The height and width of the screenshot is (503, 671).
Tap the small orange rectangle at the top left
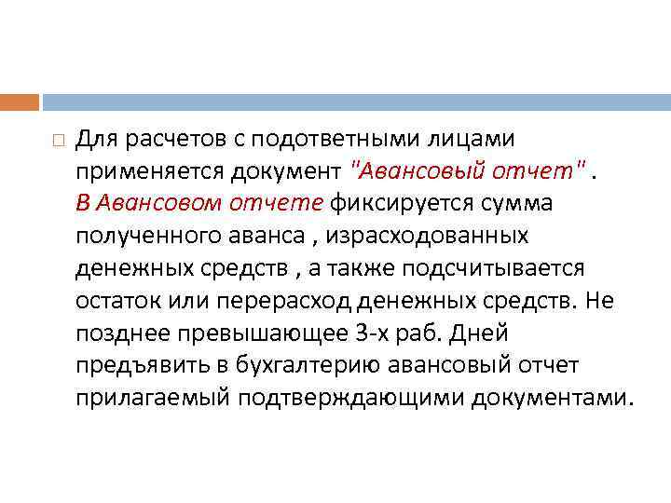pos(20,102)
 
